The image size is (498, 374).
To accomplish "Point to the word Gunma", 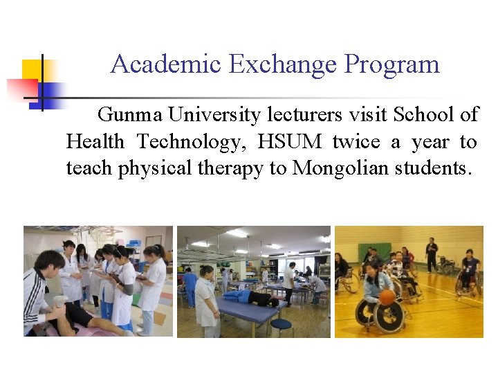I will click(130, 114).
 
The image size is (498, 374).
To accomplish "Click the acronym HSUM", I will click(290, 142).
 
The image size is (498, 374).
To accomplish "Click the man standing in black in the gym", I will click(432, 254).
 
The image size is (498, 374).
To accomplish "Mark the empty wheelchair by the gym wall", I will click(447, 265).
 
